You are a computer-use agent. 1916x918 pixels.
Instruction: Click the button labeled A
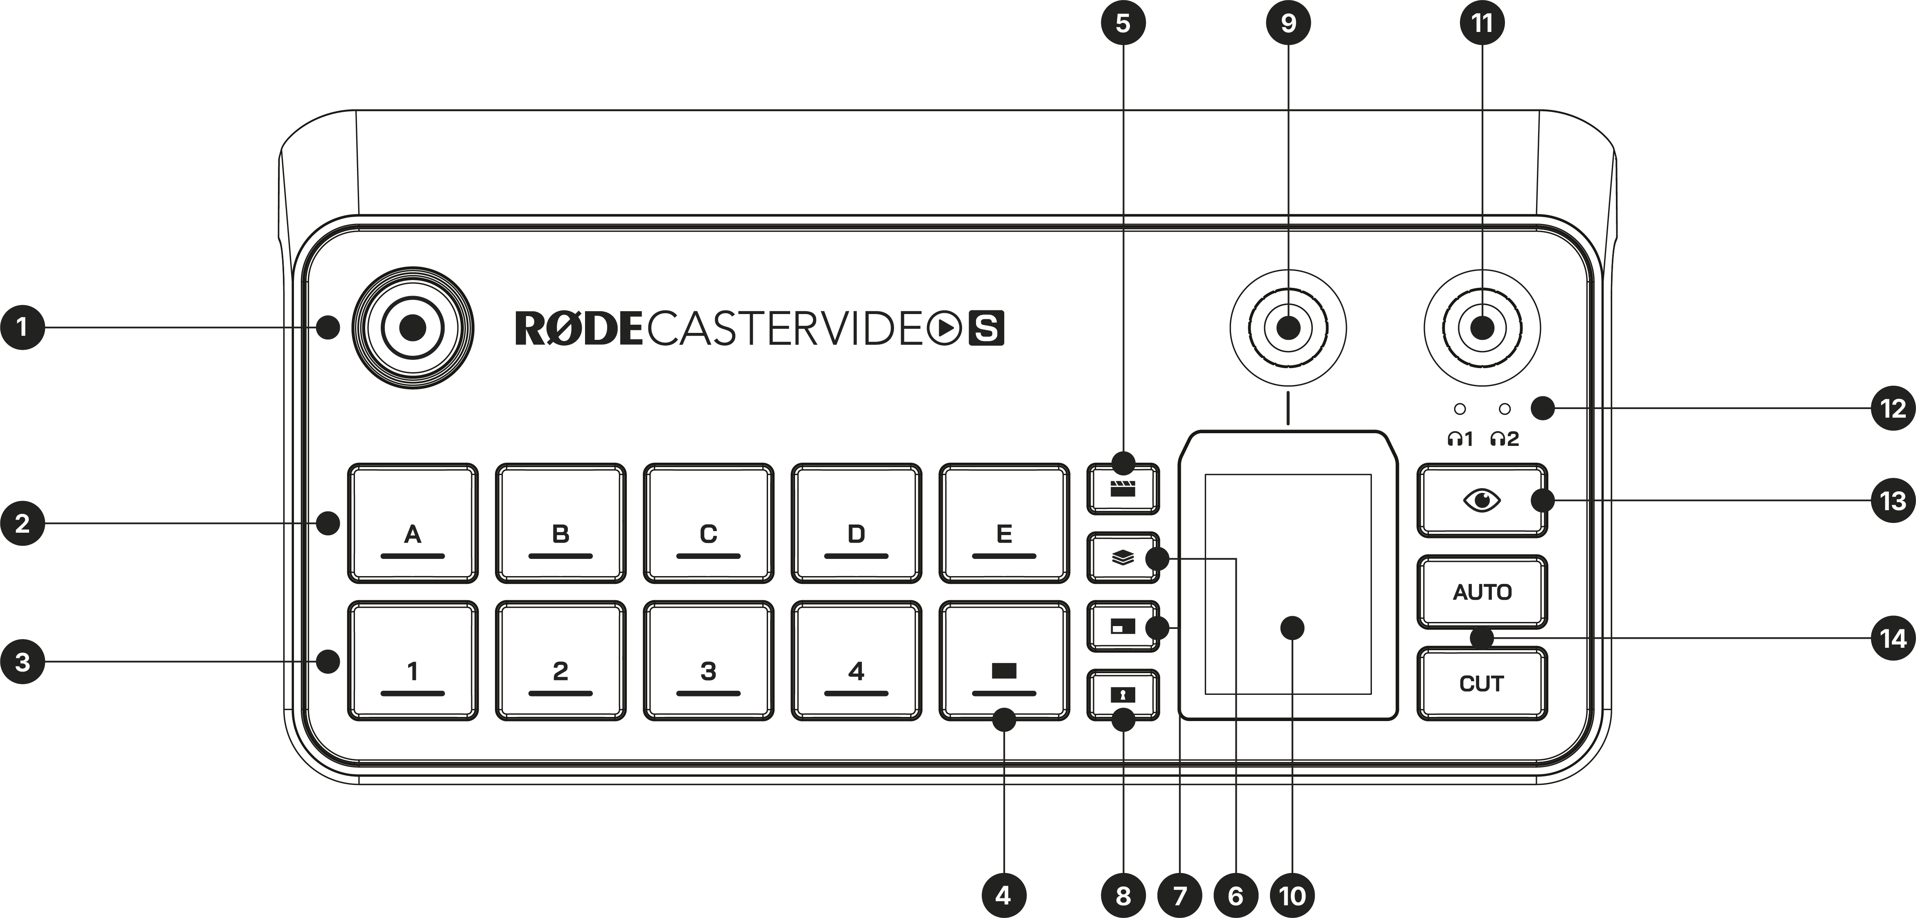click(x=413, y=523)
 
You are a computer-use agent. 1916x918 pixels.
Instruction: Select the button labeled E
click(x=1004, y=523)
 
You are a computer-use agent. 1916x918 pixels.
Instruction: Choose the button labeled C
click(x=708, y=523)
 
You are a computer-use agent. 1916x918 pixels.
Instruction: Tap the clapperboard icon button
click(x=1123, y=489)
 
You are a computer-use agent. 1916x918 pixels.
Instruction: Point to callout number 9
click(x=1288, y=23)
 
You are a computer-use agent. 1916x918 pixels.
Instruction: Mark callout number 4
click(x=1003, y=895)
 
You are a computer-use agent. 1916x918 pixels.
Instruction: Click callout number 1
click(x=23, y=327)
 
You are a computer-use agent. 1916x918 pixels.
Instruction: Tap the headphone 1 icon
click(x=1460, y=439)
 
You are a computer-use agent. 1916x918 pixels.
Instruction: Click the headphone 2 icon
click(x=1504, y=439)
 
